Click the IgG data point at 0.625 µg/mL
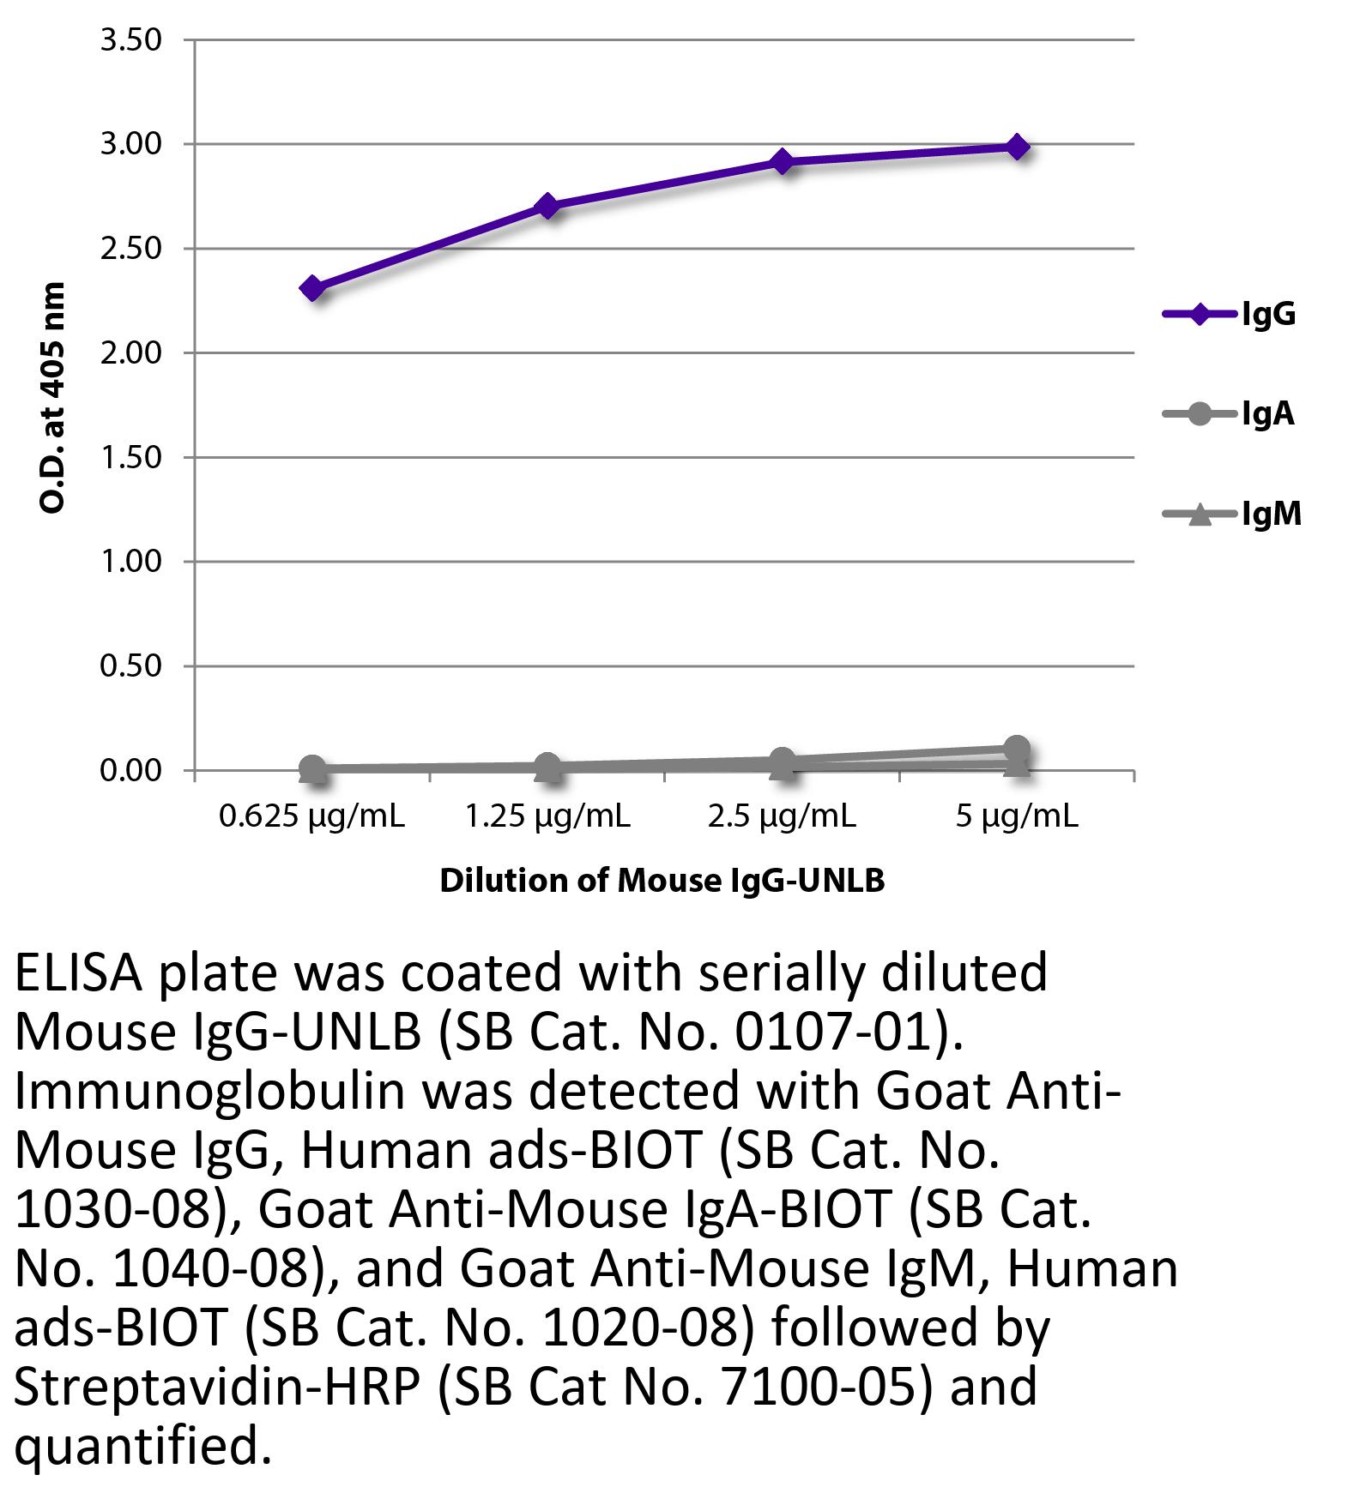tap(312, 288)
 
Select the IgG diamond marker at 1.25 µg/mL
tap(547, 206)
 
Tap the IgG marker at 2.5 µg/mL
tap(782, 160)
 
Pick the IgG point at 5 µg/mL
tap(1017, 147)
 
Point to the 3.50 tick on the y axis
tap(130, 40)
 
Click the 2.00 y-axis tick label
tap(130, 353)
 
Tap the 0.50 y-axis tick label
tap(130, 666)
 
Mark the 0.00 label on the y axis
tap(130, 771)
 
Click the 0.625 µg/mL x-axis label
tap(312, 816)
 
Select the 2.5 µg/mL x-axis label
tap(782, 816)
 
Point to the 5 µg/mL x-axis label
tap(1017, 816)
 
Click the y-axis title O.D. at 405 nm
tap(53, 398)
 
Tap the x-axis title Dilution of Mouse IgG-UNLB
tap(662, 881)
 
